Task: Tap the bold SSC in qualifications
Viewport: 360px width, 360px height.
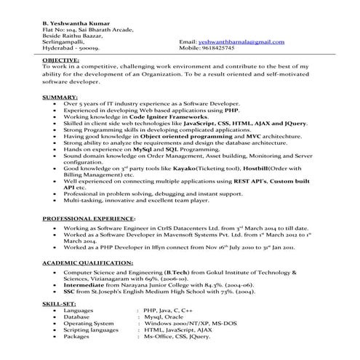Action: click(69, 292)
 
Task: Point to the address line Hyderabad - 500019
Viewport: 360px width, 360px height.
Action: click(65, 47)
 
